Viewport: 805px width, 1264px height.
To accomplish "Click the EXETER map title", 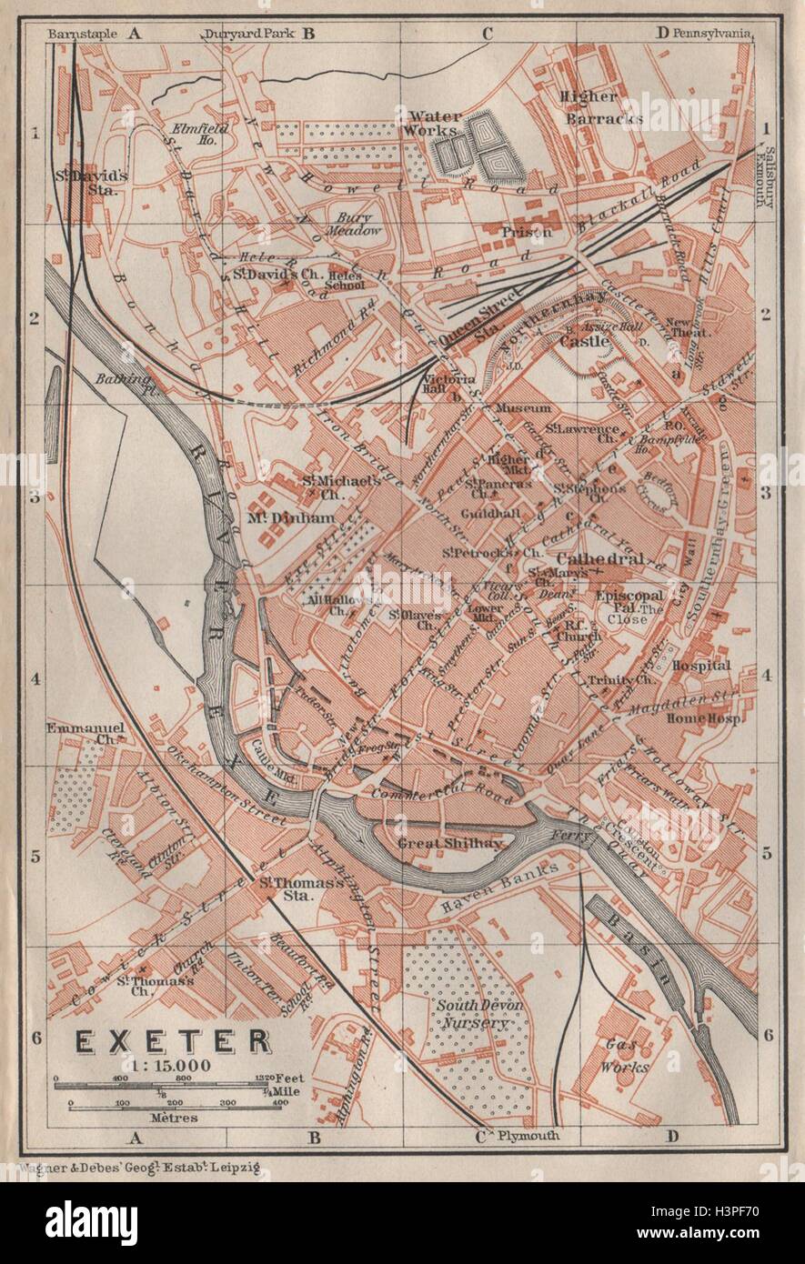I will pyautogui.click(x=171, y=1040).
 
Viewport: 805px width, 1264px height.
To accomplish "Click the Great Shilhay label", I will pyautogui.click(x=450, y=843).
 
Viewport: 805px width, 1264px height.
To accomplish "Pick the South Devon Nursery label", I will pyautogui.click(x=470, y=1014).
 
